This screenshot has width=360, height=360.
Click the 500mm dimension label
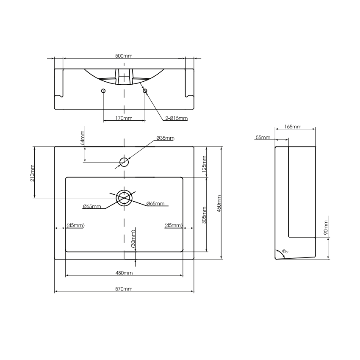click(124, 56)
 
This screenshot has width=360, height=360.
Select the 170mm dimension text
click(124, 118)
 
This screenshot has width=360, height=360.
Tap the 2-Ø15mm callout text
click(176, 118)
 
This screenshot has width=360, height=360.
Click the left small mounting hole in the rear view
click(104, 91)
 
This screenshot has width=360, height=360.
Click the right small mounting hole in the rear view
click(144, 91)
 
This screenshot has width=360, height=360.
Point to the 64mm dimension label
click(83, 138)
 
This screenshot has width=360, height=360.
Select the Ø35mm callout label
click(165, 138)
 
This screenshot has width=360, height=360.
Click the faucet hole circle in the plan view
click(124, 162)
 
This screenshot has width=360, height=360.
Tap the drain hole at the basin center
click(124, 197)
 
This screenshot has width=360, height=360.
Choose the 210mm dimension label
click(32, 172)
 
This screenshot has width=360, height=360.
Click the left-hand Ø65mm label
click(92, 206)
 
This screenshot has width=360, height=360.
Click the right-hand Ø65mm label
click(155, 204)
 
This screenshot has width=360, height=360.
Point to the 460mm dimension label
click(219, 203)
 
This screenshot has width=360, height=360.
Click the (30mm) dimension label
click(133, 239)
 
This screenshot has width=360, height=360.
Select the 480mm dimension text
click(124, 273)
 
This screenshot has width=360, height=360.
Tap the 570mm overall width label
click(124, 289)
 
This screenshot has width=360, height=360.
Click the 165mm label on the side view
click(293, 127)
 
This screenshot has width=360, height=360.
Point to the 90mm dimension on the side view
click(326, 227)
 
